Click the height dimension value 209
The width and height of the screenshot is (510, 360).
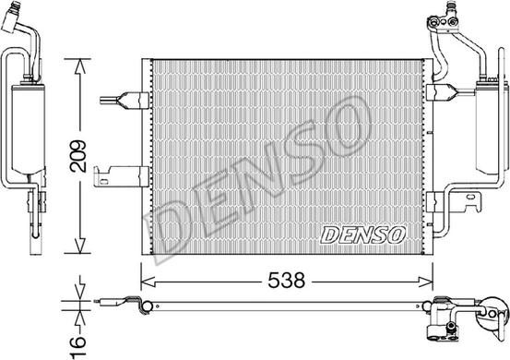click(77, 156)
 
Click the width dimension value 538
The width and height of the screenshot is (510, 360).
click(287, 281)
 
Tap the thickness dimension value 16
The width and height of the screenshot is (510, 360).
click(77, 347)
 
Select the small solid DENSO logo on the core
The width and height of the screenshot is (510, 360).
click(362, 234)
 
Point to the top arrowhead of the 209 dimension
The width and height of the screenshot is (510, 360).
click(80, 66)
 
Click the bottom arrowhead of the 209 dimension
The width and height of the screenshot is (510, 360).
click(80, 246)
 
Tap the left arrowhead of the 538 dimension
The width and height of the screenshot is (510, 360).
click(148, 282)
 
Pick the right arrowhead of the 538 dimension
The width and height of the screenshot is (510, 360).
click(425, 282)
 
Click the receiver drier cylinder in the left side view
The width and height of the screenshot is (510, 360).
click(29, 128)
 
